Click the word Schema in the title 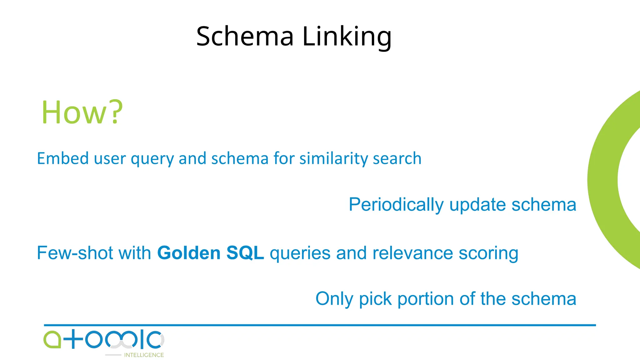tap(245, 36)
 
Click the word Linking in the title tap(347, 37)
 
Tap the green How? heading tap(82, 112)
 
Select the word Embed tap(63, 158)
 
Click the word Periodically tap(396, 205)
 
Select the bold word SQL tap(245, 253)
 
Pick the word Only tap(334, 299)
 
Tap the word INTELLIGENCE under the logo tap(144, 355)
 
